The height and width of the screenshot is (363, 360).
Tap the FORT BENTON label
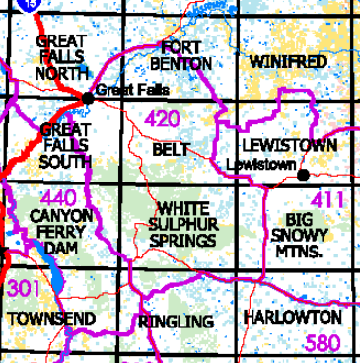point(181,55)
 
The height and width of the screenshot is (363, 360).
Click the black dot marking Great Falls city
point(88,97)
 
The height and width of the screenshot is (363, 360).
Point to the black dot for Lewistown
point(303,175)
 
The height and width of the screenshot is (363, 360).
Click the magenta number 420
point(162,121)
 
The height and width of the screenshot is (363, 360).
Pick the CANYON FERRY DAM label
point(61,229)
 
